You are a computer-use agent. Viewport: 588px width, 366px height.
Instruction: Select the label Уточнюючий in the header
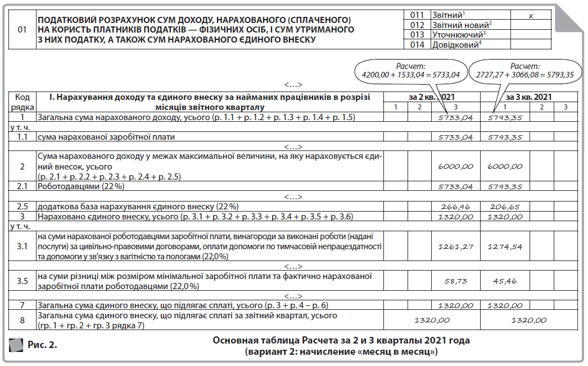(454, 35)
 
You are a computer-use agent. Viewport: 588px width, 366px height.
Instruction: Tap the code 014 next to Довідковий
(417, 45)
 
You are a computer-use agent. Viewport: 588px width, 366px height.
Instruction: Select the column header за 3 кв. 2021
(529, 97)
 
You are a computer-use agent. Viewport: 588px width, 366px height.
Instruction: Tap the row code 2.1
(22, 186)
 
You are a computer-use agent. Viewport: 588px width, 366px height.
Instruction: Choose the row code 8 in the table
(22, 320)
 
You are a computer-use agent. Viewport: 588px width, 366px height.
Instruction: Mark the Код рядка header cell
(22, 101)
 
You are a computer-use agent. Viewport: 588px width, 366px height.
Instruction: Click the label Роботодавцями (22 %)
(80, 186)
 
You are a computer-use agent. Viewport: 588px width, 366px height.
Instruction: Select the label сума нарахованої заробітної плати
(106, 136)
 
